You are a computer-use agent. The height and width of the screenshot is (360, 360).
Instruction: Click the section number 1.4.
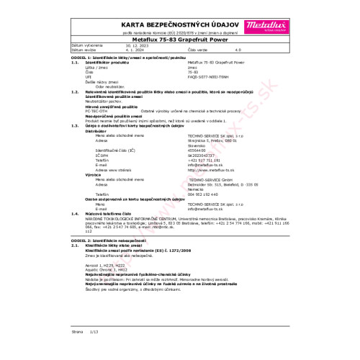tap(75, 214)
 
